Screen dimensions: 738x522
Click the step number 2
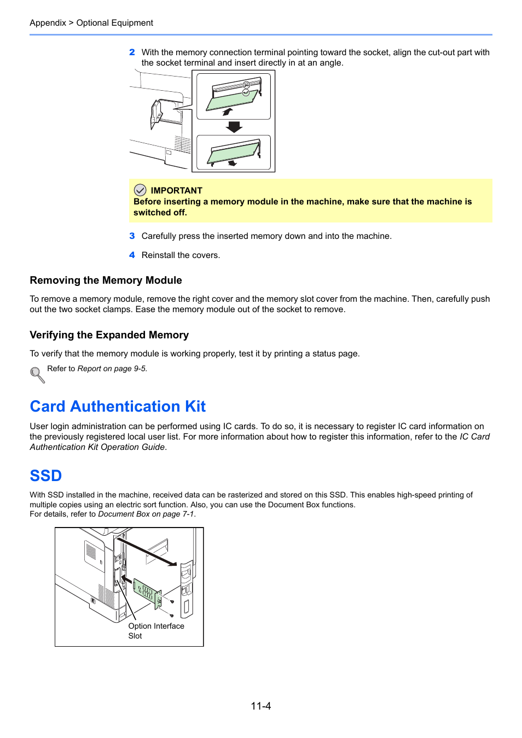132,52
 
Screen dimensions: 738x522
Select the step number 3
132,236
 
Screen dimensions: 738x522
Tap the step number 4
132,255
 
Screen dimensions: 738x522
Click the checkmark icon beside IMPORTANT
140,190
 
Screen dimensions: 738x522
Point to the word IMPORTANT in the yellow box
176,191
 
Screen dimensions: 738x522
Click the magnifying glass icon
37,374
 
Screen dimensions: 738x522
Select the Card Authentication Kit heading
118,407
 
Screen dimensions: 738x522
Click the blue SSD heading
45,476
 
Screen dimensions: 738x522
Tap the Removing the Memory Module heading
106,280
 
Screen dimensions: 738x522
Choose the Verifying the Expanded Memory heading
109,335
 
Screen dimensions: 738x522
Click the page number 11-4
261,706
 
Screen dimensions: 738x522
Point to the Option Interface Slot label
156,631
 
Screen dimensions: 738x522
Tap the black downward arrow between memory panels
234,127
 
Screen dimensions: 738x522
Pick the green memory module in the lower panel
233,153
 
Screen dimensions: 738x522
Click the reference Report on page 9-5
112,369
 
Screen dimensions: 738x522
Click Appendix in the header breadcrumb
48,23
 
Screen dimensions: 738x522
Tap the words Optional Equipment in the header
114,23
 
